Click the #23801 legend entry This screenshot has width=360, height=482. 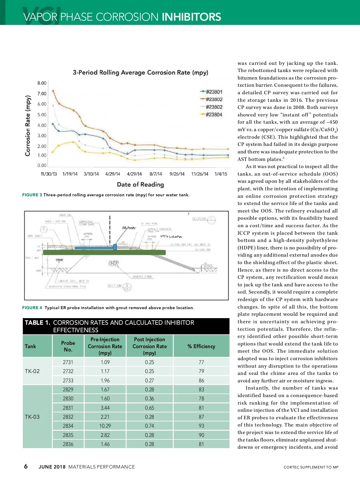(214, 92)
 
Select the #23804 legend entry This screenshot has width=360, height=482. (214, 114)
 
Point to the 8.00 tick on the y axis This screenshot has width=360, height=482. (42, 83)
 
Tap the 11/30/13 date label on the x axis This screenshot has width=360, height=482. (49, 174)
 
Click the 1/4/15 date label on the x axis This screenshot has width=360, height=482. (221, 174)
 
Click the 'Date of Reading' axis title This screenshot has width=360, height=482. (140, 185)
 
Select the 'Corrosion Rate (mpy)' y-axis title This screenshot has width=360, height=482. (28, 125)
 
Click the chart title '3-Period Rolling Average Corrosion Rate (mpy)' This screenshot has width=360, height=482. (140, 72)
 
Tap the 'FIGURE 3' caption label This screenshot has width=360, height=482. (32, 195)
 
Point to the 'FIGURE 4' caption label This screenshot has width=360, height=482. (32, 308)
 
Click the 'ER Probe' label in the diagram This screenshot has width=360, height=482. (129, 228)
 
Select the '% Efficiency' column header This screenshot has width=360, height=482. (201, 346)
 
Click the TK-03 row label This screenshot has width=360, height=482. (32, 417)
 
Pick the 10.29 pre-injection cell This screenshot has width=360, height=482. (105, 426)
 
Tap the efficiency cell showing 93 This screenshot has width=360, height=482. (201, 426)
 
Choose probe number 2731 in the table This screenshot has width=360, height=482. (68, 362)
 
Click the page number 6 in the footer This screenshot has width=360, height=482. (26, 466)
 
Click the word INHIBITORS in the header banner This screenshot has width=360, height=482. (191, 17)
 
